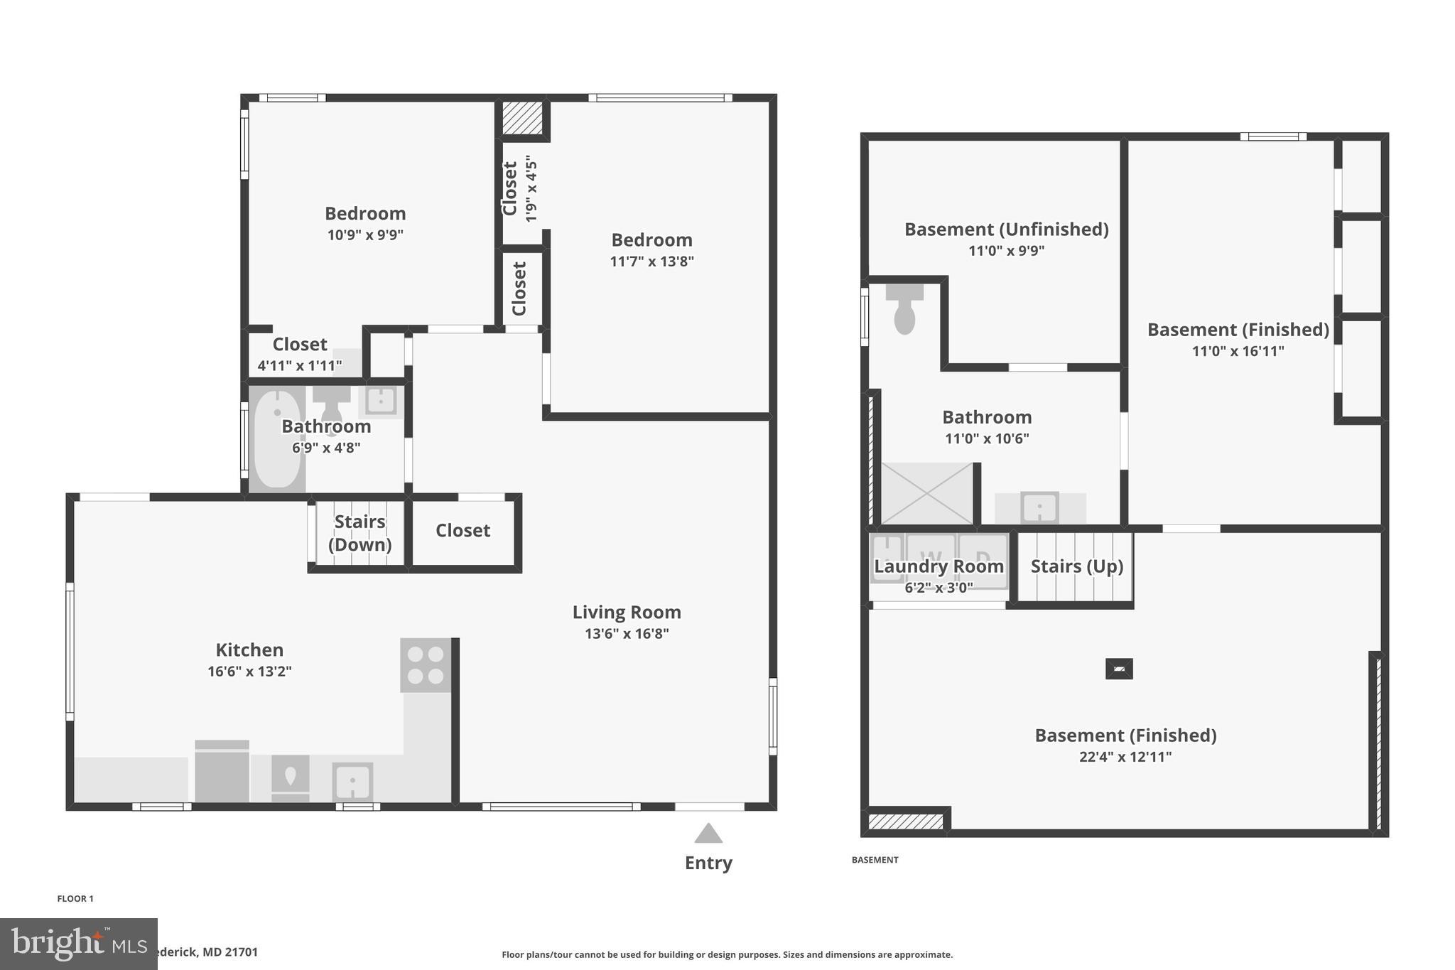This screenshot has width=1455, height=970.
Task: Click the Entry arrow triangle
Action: [708, 834]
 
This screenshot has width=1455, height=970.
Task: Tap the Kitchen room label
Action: [249, 650]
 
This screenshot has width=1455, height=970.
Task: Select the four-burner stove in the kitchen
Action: [426, 665]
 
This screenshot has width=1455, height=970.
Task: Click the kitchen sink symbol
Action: [352, 782]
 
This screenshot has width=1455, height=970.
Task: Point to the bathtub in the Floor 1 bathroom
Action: [276, 438]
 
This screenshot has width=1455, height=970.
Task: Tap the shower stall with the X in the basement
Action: [927, 494]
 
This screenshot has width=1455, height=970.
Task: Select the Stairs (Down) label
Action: [359, 533]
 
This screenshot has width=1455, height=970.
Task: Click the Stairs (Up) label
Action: [1076, 566]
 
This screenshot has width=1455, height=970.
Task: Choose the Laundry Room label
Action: [939, 566]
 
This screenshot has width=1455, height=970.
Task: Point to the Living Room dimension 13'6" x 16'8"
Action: [627, 633]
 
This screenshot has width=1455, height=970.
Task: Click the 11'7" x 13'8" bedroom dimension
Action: [651, 261]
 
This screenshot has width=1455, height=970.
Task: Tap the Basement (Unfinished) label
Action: [1006, 230]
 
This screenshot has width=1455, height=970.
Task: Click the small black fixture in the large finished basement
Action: [1119, 669]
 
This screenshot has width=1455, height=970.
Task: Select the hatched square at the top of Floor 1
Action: [522, 118]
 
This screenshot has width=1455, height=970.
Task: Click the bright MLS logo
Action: [78, 944]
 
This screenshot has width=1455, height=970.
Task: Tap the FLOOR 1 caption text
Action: [75, 898]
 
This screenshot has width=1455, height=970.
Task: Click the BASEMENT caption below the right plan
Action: [875, 860]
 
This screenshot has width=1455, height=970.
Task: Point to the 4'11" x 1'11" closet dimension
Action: [299, 366]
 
